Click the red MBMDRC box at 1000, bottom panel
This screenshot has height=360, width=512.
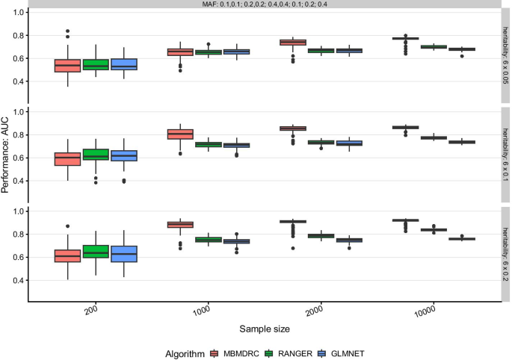(x=179, y=224)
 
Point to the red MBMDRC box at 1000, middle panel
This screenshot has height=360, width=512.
(x=179, y=134)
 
